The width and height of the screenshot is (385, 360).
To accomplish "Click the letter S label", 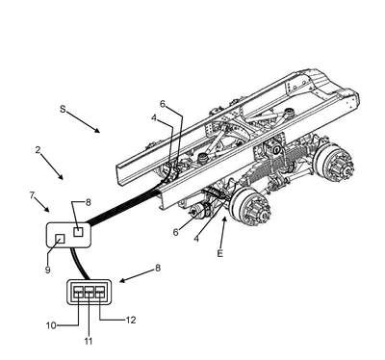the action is click(x=63, y=109).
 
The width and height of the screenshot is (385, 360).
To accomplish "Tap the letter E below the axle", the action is click(x=219, y=253).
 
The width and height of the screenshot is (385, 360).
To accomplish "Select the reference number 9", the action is click(x=47, y=270).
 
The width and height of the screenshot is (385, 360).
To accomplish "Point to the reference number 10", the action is click(x=51, y=325).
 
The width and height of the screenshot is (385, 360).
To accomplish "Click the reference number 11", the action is click(x=89, y=341).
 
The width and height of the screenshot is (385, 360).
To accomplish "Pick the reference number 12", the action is click(x=131, y=320).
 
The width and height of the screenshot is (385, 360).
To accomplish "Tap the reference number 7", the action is click(x=32, y=195).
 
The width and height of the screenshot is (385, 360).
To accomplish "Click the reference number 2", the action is click(x=38, y=149).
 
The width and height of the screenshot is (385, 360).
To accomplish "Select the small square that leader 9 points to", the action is click(x=61, y=239).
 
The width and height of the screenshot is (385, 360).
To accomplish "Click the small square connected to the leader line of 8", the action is click(x=78, y=232).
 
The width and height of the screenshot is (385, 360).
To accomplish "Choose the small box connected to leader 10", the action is click(x=79, y=292).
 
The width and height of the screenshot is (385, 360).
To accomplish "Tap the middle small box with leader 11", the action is click(x=90, y=292).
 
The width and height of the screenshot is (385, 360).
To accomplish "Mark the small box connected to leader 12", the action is click(x=100, y=292).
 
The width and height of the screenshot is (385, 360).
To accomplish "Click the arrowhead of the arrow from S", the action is click(x=96, y=130).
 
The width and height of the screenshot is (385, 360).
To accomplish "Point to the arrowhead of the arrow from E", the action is click(x=225, y=219).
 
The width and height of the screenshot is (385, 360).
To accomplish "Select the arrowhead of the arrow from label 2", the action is click(x=61, y=176).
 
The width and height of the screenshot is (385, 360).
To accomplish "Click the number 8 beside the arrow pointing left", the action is click(x=158, y=268).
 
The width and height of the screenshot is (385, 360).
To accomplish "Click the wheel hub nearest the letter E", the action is click(x=252, y=208).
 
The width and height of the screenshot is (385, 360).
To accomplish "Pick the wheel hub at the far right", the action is click(x=336, y=164).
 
